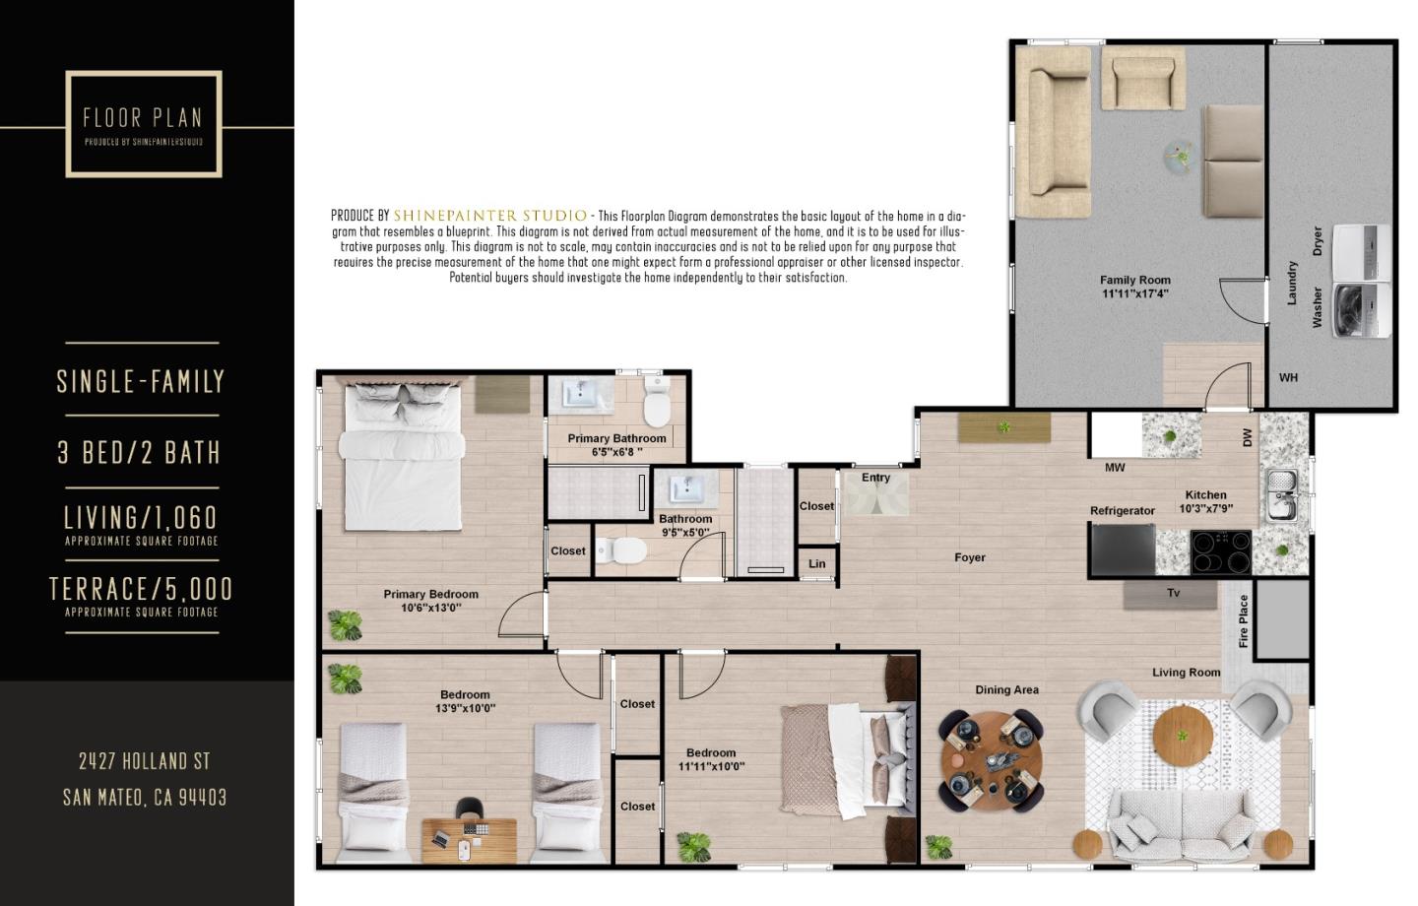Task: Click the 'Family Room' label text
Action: click(x=1134, y=280)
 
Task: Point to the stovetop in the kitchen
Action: click(x=1220, y=551)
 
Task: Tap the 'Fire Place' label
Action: click(x=1244, y=620)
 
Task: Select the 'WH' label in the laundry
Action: click(x=1288, y=377)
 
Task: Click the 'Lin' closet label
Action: click(x=816, y=564)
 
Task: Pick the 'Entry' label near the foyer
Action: click(x=875, y=478)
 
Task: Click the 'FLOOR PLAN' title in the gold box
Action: click(x=143, y=118)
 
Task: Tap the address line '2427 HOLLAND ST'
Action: click(x=145, y=761)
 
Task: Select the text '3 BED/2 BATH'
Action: click(x=139, y=453)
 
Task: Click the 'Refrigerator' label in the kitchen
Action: click(x=1122, y=511)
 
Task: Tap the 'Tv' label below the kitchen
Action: click(x=1173, y=593)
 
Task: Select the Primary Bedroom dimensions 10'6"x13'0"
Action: click(x=431, y=608)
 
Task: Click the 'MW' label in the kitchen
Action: click(x=1115, y=468)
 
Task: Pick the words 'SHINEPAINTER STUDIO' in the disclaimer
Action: click(x=489, y=216)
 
